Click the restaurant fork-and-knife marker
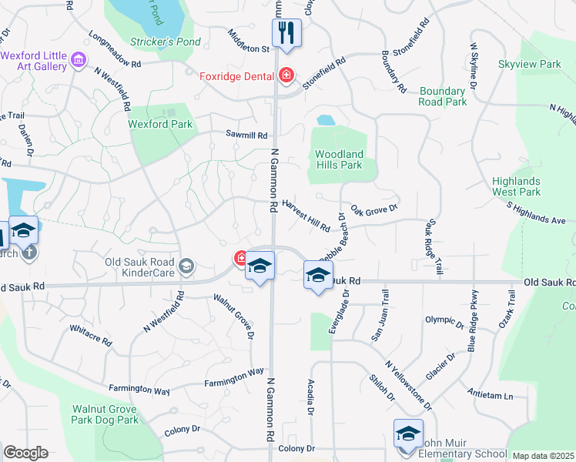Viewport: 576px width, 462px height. pyautogui.click(x=286, y=33)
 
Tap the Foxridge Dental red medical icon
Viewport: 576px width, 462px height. pyautogui.click(x=286, y=75)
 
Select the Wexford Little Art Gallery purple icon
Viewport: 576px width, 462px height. pyautogui.click(x=77, y=59)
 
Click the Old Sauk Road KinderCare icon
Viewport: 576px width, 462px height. pyautogui.click(x=186, y=266)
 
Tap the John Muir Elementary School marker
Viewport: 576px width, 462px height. pyautogui.click(x=408, y=434)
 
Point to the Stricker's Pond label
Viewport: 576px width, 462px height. pyautogui.click(x=165, y=42)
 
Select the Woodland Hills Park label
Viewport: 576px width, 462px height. pyautogui.click(x=338, y=159)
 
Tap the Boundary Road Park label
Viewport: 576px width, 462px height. pyautogui.click(x=443, y=96)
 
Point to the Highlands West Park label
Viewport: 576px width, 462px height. pyautogui.click(x=516, y=186)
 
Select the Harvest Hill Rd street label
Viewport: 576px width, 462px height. pyautogui.click(x=306, y=216)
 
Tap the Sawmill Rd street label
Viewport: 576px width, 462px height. pyautogui.click(x=246, y=133)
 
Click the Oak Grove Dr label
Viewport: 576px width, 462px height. pyautogui.click(x=373, y=209)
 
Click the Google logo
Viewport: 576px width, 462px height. pyautogui.click(x=25, y=453)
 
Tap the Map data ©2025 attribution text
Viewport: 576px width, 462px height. pyautogui.click(x=543, y=456)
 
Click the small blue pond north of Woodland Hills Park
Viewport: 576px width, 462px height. pyautogui.click(x=326, y=120)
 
